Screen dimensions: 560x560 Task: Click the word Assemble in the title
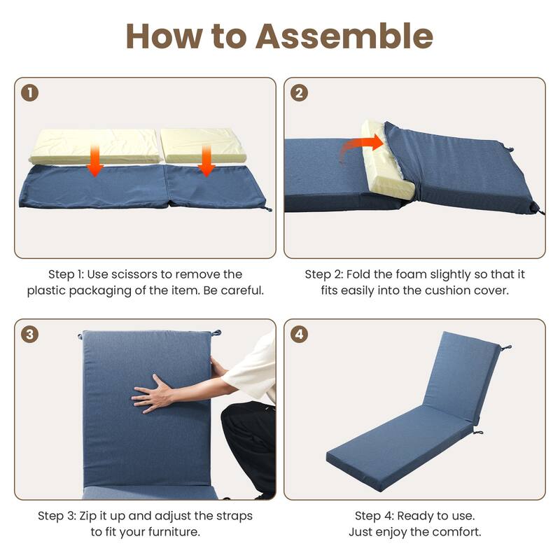tap(344, 36)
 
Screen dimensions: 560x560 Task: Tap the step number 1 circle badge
tap(29, 93)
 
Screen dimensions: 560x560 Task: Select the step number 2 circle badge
tap(300, 93)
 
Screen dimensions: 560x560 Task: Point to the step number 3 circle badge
tap(29, 335)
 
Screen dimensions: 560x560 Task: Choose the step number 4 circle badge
tap(300, 335)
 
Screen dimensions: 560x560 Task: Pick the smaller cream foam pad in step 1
tap(204, 145)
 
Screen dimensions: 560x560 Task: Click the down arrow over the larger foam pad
tap(95, 160)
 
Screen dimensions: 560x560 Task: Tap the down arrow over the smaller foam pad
tap(206, 160)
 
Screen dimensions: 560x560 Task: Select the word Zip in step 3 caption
tap(88, 516)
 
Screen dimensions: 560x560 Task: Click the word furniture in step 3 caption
tap(174, 532)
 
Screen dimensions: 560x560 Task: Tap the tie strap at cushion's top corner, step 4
tap(505, 348)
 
